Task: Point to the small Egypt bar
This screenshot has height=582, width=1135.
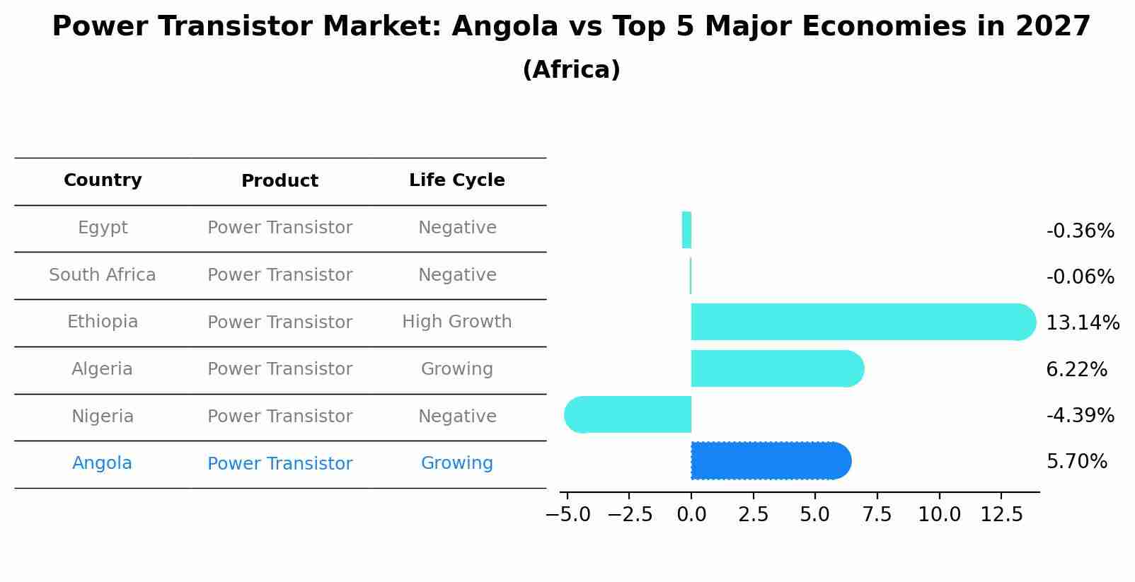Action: coord(686,230)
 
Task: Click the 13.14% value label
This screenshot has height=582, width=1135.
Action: coord(1082,323)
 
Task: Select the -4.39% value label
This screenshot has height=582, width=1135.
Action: coord(1080,416)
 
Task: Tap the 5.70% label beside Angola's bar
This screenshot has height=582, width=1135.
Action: coord(1076,462)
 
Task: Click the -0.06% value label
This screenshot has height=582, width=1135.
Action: coord(1080,277)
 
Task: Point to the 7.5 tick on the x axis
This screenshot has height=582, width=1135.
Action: coord(877,515)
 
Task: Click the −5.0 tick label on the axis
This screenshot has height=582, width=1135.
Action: coord(567,515)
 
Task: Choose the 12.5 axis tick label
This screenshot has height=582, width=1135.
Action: coord(1001,515)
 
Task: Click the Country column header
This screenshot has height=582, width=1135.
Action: coord(103,180)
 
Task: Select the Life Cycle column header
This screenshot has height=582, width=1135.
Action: coord(456,180)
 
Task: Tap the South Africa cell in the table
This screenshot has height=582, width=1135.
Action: coord(103,275)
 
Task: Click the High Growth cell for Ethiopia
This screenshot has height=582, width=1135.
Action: coord(456,322)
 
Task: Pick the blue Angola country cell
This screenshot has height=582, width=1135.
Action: coord(103,463)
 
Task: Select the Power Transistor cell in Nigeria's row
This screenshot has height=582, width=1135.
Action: coord(280,417)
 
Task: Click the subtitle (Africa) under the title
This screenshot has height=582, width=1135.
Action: coord(571,70)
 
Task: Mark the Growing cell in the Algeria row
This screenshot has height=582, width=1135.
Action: coord(456,369)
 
